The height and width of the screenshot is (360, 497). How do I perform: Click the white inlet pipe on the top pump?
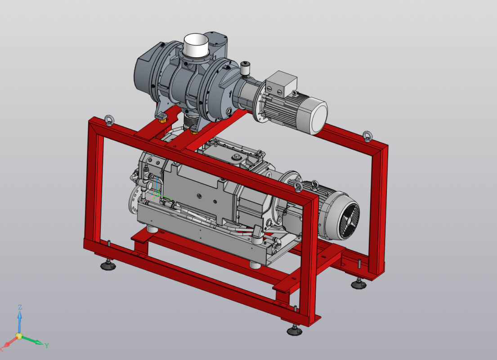tap(196, 45)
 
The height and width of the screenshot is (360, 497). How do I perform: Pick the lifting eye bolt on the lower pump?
tap(297, 186)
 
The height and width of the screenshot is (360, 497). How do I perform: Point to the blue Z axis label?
tap(20, 307)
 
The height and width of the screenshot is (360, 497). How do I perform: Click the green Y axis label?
tap(46, 346)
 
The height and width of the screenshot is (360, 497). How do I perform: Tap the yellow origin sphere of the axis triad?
tap(19, 336)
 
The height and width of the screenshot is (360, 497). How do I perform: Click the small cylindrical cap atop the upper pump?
tap(245, 68)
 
